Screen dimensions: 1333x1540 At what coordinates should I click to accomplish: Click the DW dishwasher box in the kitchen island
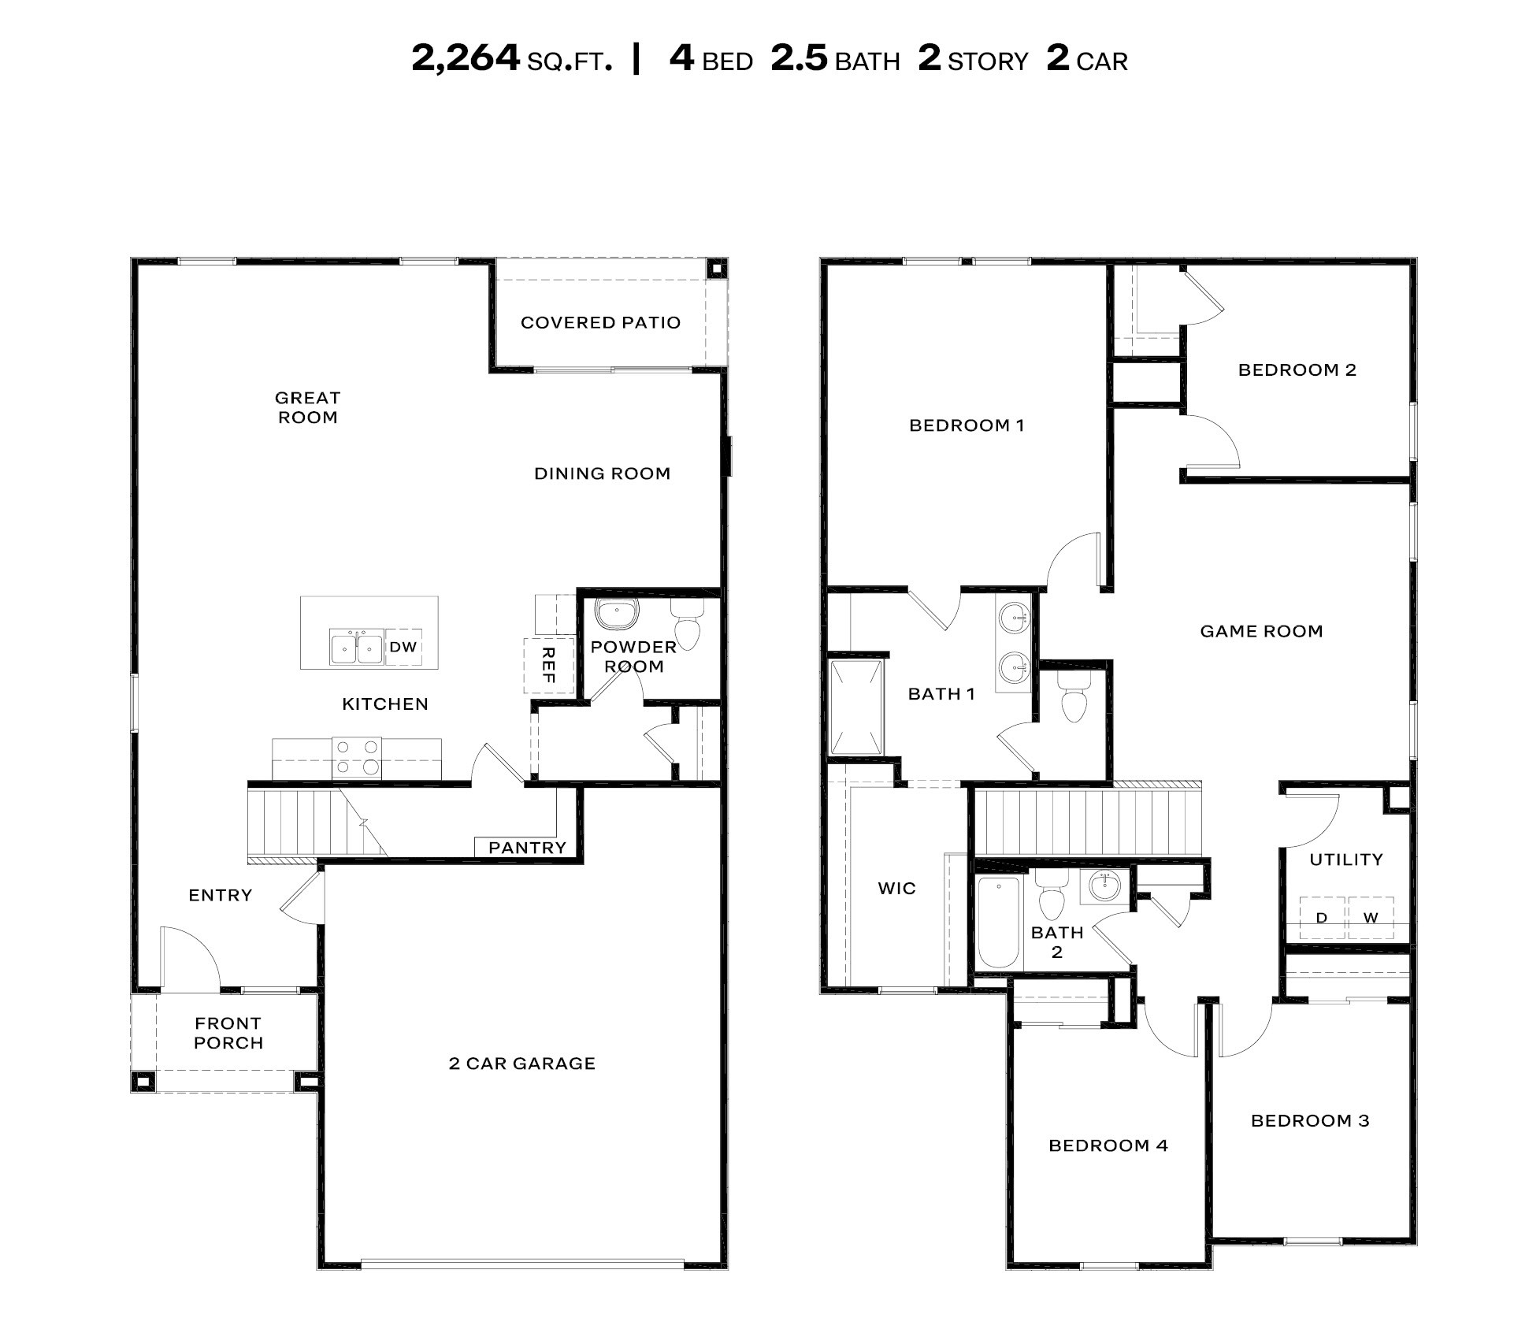pos(403,647)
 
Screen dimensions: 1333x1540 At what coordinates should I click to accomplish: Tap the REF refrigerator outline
pos(548,665)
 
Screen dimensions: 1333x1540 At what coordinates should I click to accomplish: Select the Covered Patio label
pos(600,322)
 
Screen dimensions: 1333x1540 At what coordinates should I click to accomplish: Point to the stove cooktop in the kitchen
pos(357,757)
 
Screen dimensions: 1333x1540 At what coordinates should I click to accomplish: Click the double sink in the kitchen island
pos(357,648)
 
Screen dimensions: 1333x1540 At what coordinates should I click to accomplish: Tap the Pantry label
pos(527,848)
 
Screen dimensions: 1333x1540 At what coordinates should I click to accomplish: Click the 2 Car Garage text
pos(521,1064)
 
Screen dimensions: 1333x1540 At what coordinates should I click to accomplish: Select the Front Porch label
pos(228,1033)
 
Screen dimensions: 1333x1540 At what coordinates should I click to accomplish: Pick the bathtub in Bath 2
pos(998,922)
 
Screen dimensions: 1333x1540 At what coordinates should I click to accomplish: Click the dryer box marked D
pos(1321,918)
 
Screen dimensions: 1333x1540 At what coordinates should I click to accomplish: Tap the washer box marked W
pos(1371,918)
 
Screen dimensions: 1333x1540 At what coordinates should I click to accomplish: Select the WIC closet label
pos(896,889)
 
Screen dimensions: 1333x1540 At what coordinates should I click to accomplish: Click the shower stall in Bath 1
pos(856,707)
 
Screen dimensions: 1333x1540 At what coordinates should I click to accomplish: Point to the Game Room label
pos(1261,631)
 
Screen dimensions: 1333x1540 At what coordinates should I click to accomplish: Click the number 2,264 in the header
pos(466,58)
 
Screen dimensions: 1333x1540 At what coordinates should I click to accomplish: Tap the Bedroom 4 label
pos(1108,1145)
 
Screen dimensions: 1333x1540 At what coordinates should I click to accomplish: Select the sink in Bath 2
pos(1105,887)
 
